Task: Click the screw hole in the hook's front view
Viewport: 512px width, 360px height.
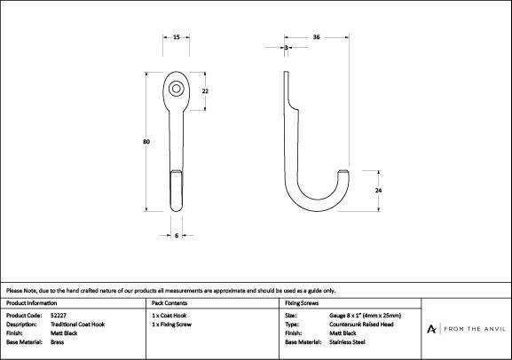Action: coord(177,89)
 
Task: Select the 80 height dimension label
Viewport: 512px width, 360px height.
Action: coord(146,142)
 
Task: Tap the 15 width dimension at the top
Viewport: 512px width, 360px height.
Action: coord(177,37)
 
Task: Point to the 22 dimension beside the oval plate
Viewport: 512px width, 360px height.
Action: coord(205,91)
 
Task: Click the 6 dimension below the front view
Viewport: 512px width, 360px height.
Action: coord(177,235)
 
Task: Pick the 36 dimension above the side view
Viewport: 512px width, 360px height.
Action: coord(316,37)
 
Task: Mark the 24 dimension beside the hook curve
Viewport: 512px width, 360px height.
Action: coord(378,190)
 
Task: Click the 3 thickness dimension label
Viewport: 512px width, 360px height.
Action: coord(287,48)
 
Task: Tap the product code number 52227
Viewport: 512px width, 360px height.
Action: coord(59,316)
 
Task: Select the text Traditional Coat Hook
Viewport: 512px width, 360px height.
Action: coord(78,325)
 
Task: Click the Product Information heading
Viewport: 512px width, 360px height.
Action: coord(31,303)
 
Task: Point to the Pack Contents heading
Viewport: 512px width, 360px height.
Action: coord(169,303)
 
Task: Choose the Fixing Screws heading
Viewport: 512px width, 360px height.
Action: coord(302,303)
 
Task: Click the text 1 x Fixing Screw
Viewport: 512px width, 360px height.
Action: coord(172,325)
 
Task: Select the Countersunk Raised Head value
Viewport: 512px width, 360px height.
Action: coord(361,325)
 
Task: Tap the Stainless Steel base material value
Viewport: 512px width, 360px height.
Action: coord(347,342)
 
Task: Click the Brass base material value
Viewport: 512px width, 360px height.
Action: coord(57,342)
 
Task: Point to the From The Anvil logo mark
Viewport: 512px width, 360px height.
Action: coord(431,329)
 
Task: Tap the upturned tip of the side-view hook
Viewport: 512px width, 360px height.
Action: coord(343,172)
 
